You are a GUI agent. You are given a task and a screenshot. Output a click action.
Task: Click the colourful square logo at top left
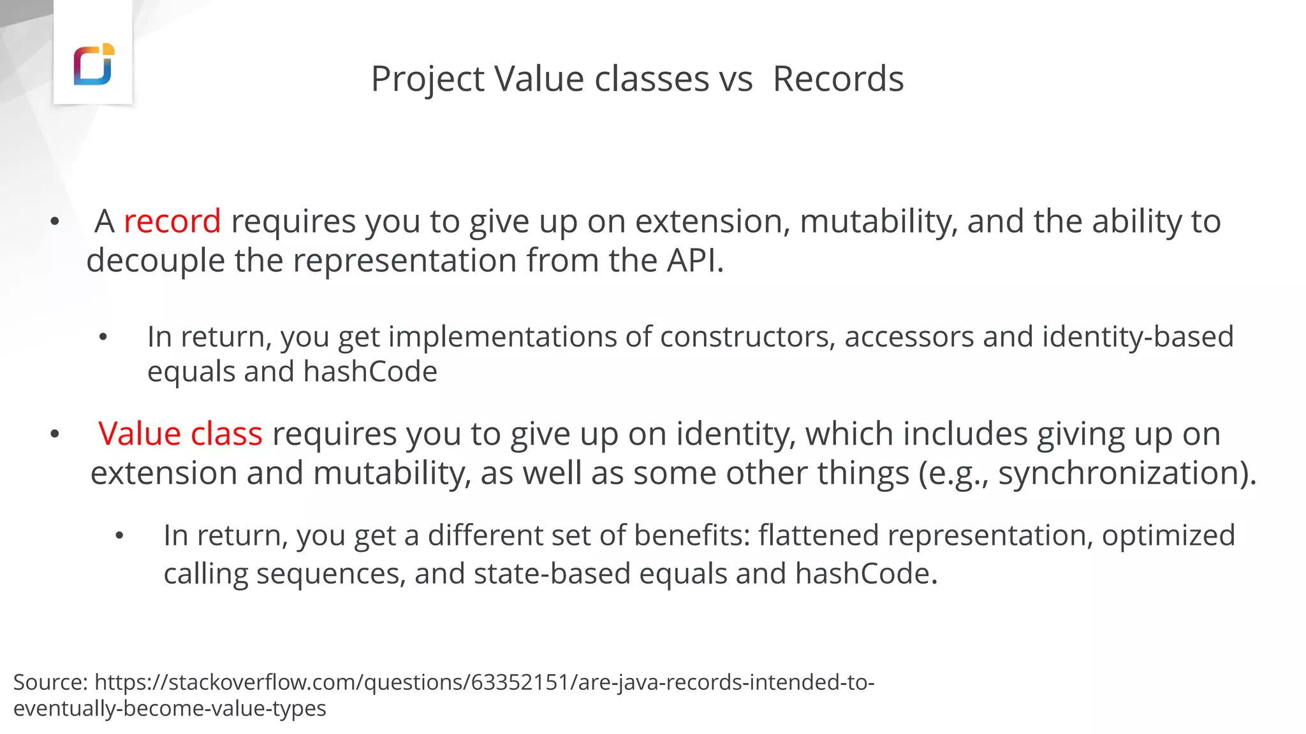coord(94,64)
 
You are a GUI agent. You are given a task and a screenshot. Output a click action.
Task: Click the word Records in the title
coord(838,79)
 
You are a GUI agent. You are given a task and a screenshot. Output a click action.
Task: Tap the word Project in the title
coord(427,80)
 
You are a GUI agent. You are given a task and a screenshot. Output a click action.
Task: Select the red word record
coord(172,222)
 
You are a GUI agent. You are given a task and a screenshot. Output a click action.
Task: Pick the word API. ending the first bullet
coord(695,261)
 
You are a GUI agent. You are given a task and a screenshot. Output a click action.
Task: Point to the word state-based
coord(552,573)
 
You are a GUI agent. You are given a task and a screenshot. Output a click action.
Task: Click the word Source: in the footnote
coord(50,682)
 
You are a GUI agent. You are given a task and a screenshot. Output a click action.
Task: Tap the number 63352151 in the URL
coord(519,682)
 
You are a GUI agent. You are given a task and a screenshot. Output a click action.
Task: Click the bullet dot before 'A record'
coord(55,222)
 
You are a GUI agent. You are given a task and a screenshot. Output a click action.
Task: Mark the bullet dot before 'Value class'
coord(55,435)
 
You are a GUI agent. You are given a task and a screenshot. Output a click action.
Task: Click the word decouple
coord(156,261)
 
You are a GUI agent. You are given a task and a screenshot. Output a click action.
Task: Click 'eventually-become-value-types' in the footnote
coord(170,709)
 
